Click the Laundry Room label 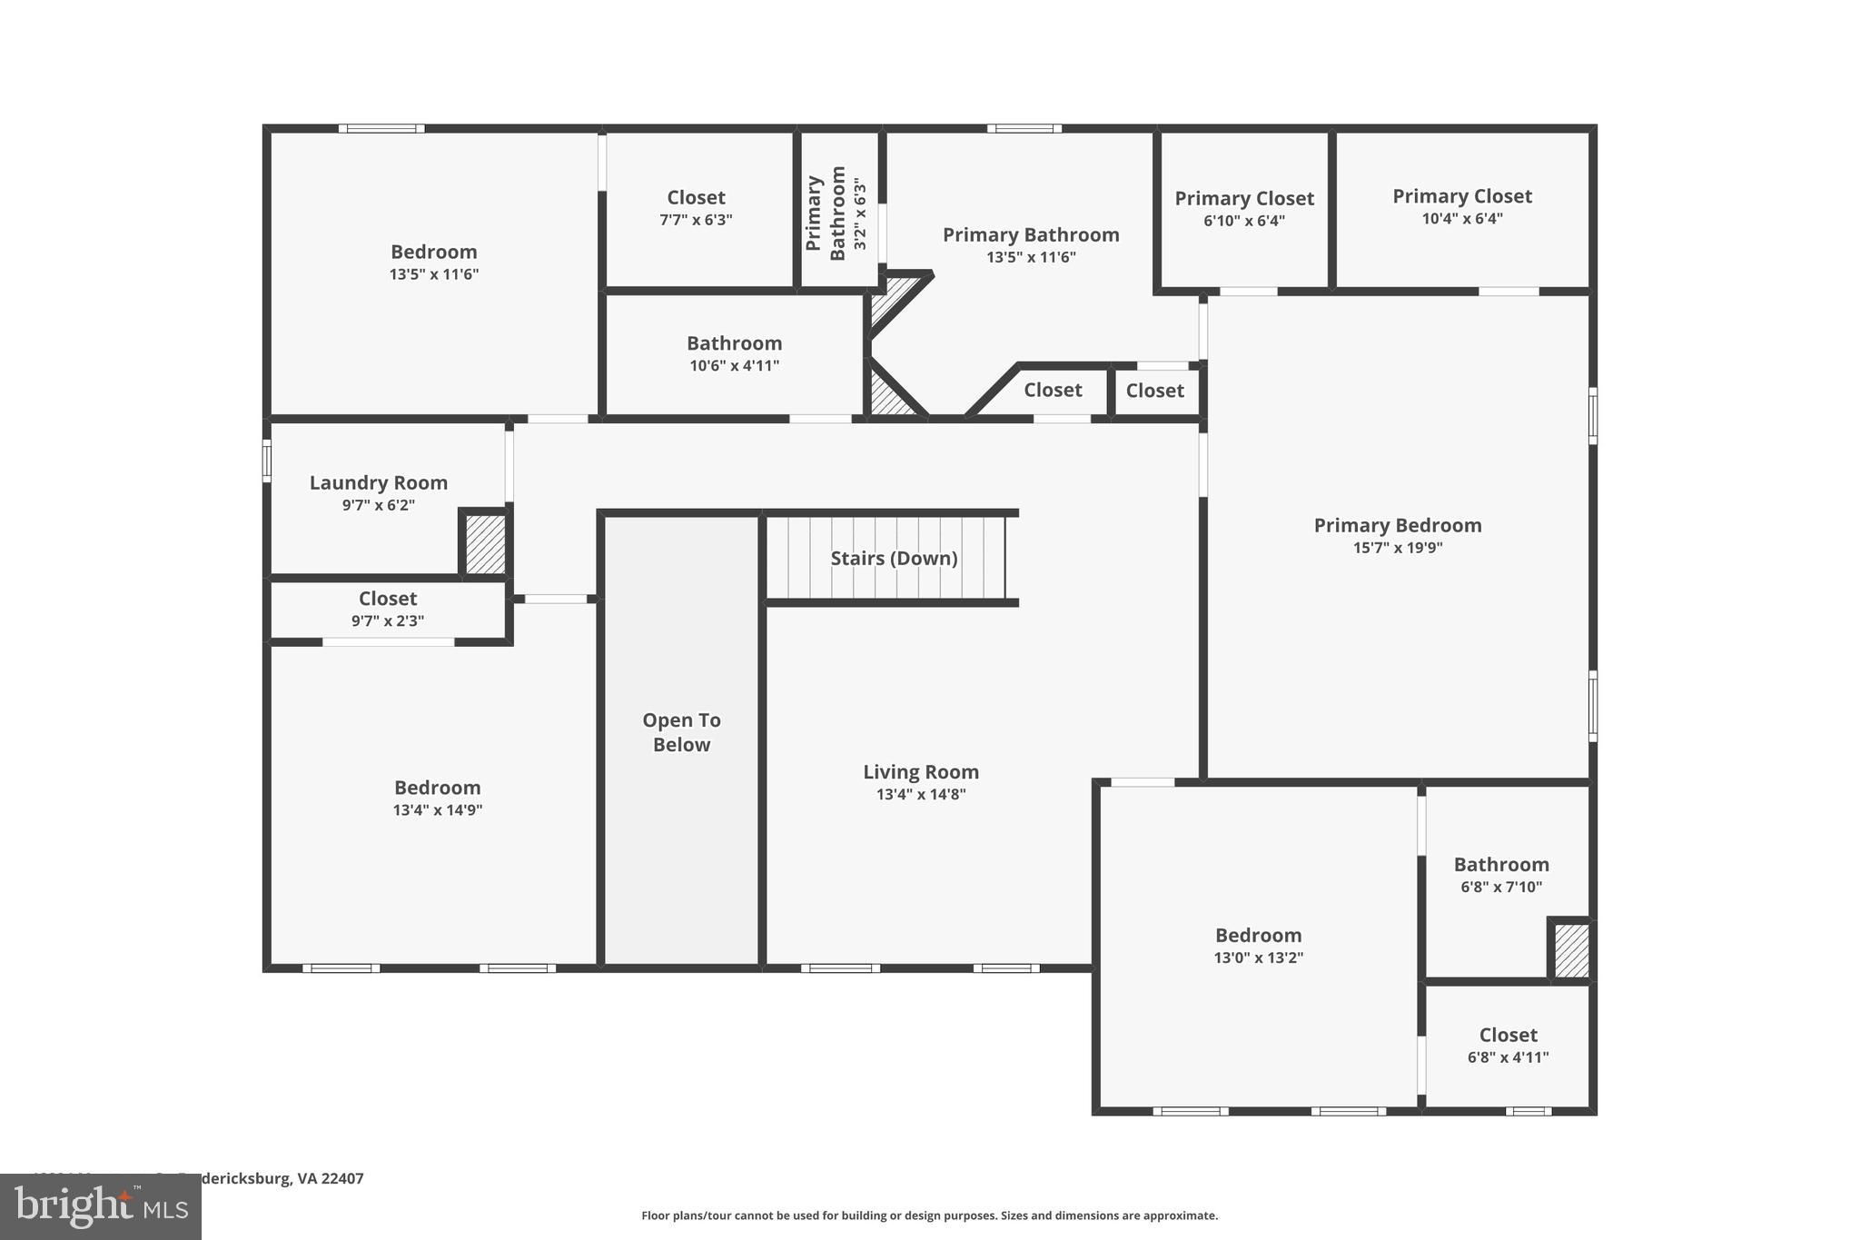(x=378, y=483)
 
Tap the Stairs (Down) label (x=894, y=559)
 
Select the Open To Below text (x=681, y=732)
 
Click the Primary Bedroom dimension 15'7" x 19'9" (x=1397, y=548)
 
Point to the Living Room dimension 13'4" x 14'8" (x=920, y=795)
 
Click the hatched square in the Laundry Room (x=485, y=544)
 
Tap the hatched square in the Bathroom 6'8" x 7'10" (x=1571, y=950)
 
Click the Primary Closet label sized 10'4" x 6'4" (x=1461, y=196)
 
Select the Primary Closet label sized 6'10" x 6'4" (x=1243, y=199)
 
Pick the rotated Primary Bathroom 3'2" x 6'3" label (x=836, y=213)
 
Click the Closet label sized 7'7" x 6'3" (x=696, y=198)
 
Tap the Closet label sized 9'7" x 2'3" (x=388, y=599)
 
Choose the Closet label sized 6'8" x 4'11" (x=1508, y=1036)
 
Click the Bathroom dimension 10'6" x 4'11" (x=734, y=366)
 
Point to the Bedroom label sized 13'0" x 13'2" (x=1258, y=936)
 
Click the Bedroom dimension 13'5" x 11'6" (x=433, y=274)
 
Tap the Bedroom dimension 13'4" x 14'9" (x=437, y=810)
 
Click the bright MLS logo (x=101, y=1207)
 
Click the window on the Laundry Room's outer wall (x=267, y=461)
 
